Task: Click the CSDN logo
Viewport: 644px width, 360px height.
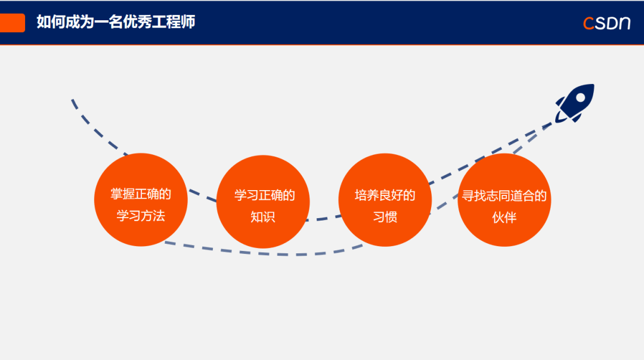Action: [606, 23]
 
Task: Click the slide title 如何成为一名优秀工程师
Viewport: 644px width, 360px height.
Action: [116, 22]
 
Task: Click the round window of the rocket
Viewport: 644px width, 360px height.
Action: [580, 97]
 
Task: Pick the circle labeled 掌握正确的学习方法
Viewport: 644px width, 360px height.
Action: [141, 200]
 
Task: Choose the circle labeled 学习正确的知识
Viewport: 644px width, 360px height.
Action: [263, 201]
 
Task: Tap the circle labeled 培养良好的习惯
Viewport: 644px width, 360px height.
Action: [385, 200]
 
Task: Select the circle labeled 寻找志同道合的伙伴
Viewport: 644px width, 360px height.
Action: [504, 200]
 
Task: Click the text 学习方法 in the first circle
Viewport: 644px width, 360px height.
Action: [141, 216]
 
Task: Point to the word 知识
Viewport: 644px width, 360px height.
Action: [263, 217]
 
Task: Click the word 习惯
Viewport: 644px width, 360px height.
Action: [385, 217]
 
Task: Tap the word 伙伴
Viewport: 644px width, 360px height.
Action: [504, 217]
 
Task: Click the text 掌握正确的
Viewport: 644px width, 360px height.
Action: [141, 194]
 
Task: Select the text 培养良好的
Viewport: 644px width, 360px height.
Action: [385, 195]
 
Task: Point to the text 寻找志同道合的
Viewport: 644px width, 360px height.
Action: [504, 196]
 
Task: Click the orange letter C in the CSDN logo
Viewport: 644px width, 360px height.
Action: [589, 23]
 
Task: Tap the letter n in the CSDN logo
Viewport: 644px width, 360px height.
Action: [624, 23]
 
